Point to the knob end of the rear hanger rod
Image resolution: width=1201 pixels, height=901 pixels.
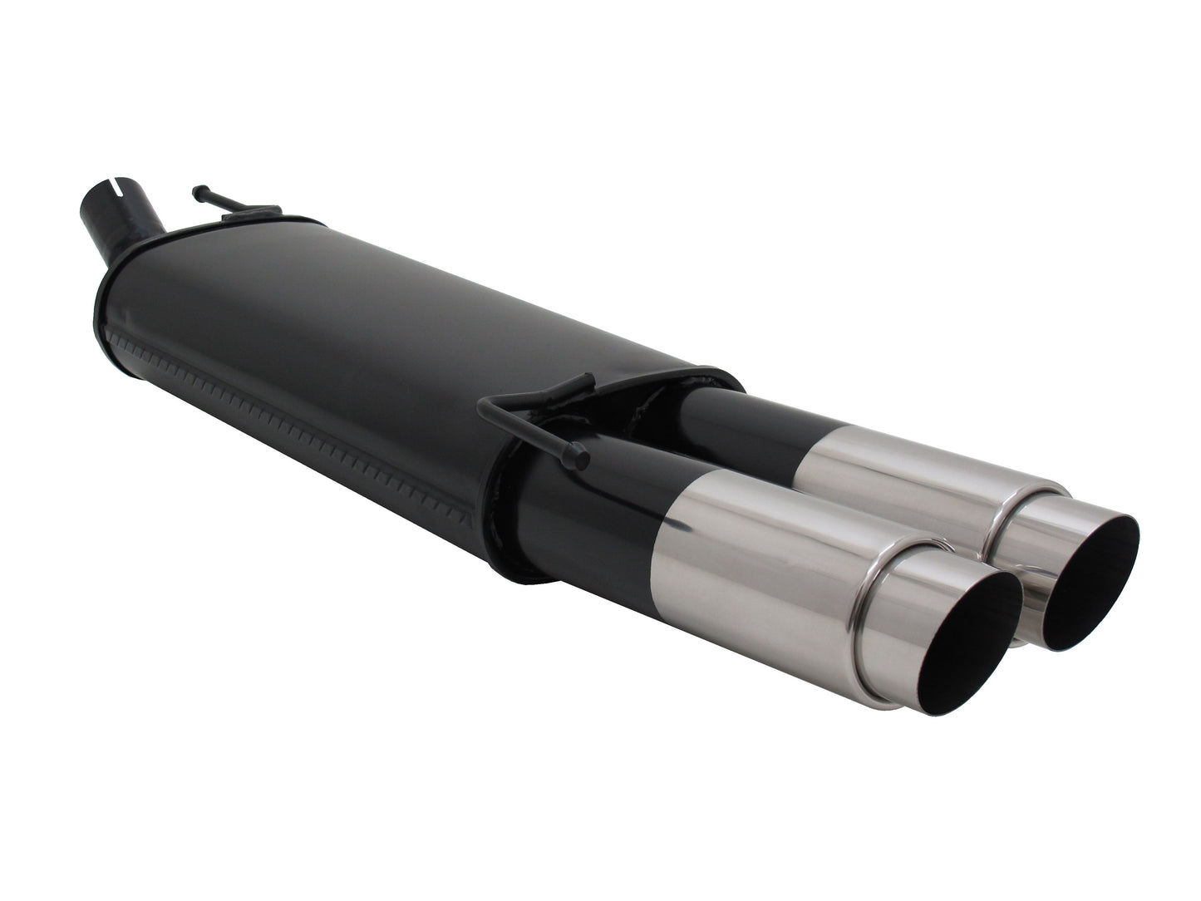197,191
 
